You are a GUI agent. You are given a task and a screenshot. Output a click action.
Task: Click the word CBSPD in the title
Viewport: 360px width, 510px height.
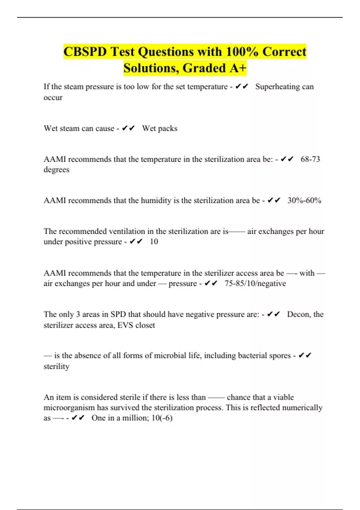(85, 52)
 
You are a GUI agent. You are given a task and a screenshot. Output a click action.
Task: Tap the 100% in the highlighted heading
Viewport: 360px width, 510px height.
(242, 52)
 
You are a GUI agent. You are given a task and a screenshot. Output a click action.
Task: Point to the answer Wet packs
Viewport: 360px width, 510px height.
(160, 128)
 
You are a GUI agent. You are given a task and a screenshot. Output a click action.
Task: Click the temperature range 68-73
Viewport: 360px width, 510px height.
(310, 159)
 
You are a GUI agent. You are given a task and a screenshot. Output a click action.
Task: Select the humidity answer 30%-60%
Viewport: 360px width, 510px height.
(304, 200)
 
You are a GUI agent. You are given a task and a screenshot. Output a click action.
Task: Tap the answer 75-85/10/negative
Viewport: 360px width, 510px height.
(255, 283)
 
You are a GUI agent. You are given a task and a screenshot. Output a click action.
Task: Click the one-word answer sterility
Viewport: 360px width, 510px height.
(56, 367)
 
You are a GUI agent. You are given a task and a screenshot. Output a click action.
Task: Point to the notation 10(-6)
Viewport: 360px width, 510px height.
(162, 418)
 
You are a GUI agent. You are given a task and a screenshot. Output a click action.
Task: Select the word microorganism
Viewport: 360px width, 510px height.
(69, 408)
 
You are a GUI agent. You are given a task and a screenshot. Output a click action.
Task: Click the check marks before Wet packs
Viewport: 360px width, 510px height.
(128, 128)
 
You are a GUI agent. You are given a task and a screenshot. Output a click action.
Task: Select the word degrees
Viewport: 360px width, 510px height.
(56, 170)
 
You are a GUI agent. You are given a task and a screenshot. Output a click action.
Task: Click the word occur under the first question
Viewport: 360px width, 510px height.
(53, 98)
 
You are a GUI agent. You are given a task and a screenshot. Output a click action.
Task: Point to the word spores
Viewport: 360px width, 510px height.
(279, 355)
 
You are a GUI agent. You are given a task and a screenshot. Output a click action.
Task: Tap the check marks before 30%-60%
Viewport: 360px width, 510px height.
(274, 200)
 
